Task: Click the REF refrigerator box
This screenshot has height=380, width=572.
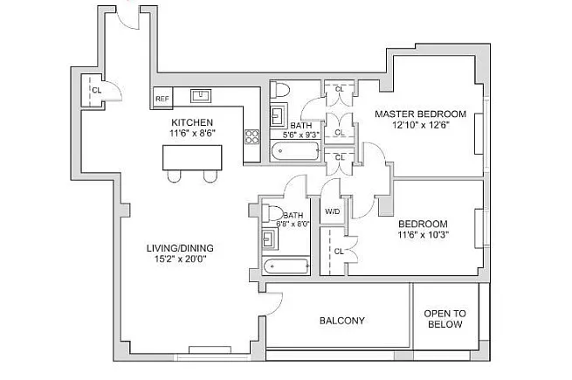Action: click(162, 98)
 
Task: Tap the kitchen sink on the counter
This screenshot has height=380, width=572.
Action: click(201, 95)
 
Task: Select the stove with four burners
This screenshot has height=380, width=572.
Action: click(252, 137)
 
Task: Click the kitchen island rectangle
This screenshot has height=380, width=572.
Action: click(192, 157)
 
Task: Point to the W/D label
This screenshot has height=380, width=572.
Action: click(333, 211)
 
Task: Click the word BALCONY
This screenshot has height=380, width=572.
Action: click(341, 321)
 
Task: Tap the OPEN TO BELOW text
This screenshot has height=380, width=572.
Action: click(445, 319)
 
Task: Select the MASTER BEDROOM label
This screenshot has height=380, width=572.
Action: click(421, 114)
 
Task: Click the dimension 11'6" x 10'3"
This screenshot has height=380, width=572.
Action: click(424, 235)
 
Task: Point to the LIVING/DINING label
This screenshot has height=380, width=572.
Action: click(180, 248)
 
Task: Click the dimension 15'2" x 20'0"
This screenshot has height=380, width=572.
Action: click(180, 259)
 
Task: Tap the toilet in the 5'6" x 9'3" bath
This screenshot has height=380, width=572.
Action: click(279, 90)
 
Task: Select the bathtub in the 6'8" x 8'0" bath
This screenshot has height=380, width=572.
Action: click(286, 266)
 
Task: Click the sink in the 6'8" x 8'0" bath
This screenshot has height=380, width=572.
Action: click(270, 238)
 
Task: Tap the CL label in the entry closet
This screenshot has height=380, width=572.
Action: click(97, 90)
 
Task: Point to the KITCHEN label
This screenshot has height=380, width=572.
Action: click(192, 122)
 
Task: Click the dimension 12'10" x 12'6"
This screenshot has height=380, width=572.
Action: click(421, 125)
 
